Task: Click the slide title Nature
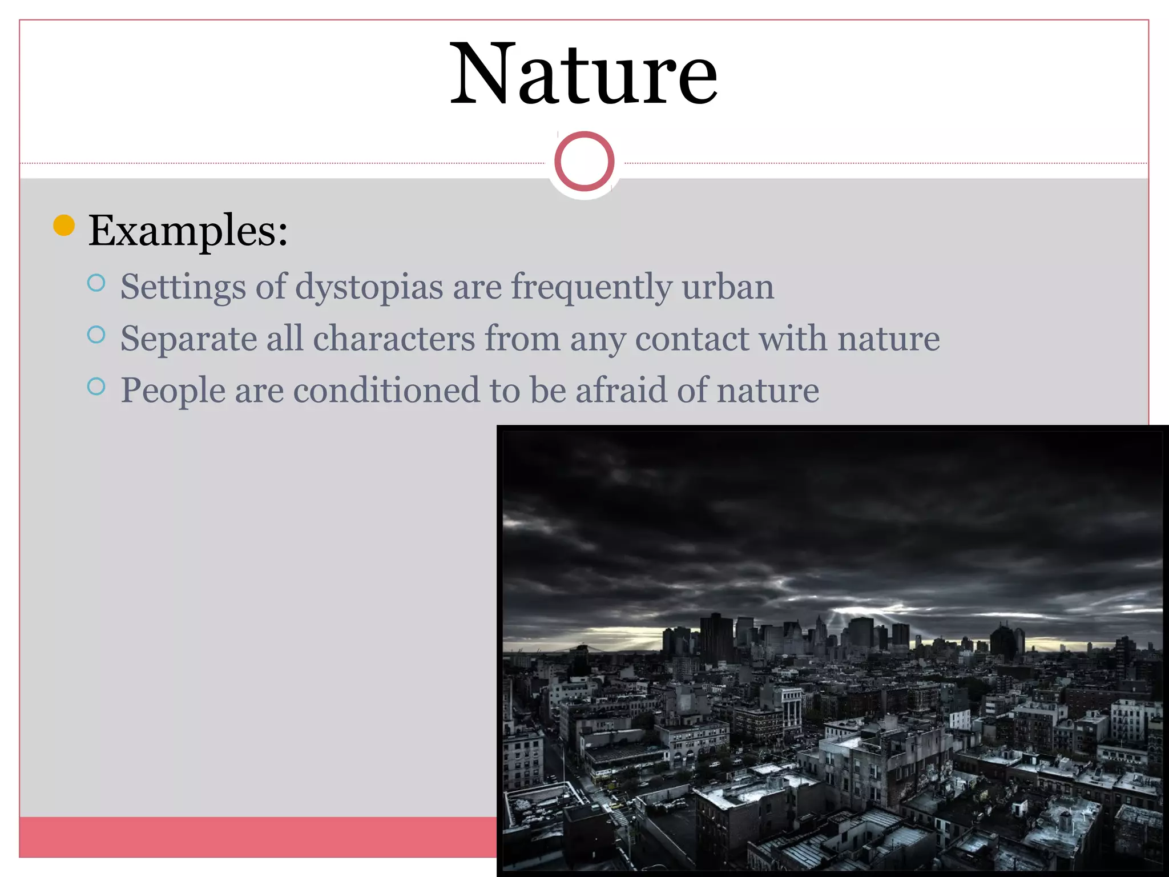(x=583, y=74)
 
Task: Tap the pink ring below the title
(x=584, y=161)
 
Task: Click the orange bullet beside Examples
(x=64, y=225)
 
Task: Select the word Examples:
(x=188, y=231)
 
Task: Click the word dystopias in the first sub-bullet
(x=369, y=287)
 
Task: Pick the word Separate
(x=188, y=339)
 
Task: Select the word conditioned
(x=386, y=391)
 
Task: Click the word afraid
(x=621, y=391)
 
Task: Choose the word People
(x=173, y=391)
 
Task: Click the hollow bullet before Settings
(x=96, y=283)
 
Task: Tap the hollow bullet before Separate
(x=96, y=335)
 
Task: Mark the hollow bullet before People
(x=96, y=387)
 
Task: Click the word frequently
(x=591, y=287)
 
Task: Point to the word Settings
(x=183, y=287)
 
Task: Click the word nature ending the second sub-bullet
(x=888, y=339)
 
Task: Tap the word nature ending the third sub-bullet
(x=768, y=391)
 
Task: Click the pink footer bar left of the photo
(x=257, y=836)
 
